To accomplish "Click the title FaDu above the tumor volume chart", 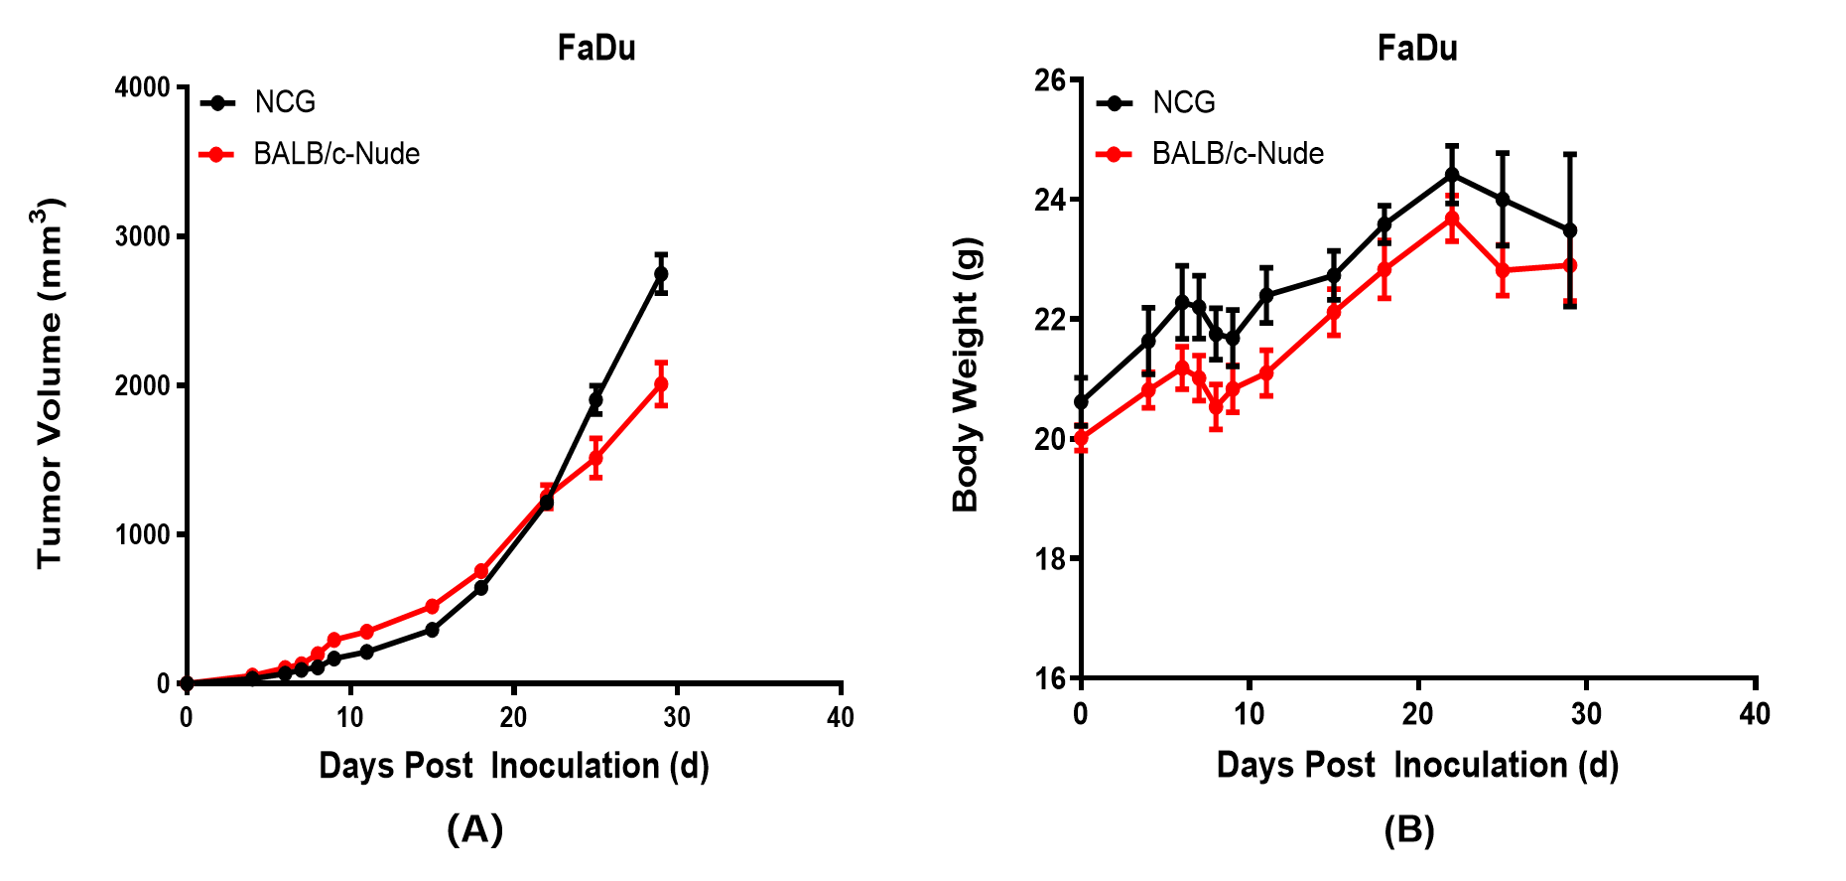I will [596, 48].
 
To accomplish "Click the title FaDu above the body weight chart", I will [1417, 48].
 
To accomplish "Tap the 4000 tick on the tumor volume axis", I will [143, 87].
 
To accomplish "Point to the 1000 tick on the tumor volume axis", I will [143, 534].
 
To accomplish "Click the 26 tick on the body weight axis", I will [1050, 80].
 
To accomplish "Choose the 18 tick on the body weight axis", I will [1050, 559].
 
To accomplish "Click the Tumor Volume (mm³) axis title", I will [50, 382].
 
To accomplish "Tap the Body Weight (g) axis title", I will [966, 374].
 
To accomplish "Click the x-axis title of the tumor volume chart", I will [514, 766].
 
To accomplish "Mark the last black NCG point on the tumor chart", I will [661, 273].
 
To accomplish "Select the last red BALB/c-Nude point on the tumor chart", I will [661, 384].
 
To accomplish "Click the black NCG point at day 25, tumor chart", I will [595, 400].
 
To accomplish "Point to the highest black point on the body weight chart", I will [1452, 175].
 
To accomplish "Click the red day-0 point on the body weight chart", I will [1081, 438].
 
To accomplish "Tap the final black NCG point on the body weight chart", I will [1570, 230].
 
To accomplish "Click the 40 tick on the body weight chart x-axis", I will [1755, 714].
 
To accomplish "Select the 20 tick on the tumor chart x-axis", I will [513, 717].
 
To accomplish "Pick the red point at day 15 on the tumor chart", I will [432, 606].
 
